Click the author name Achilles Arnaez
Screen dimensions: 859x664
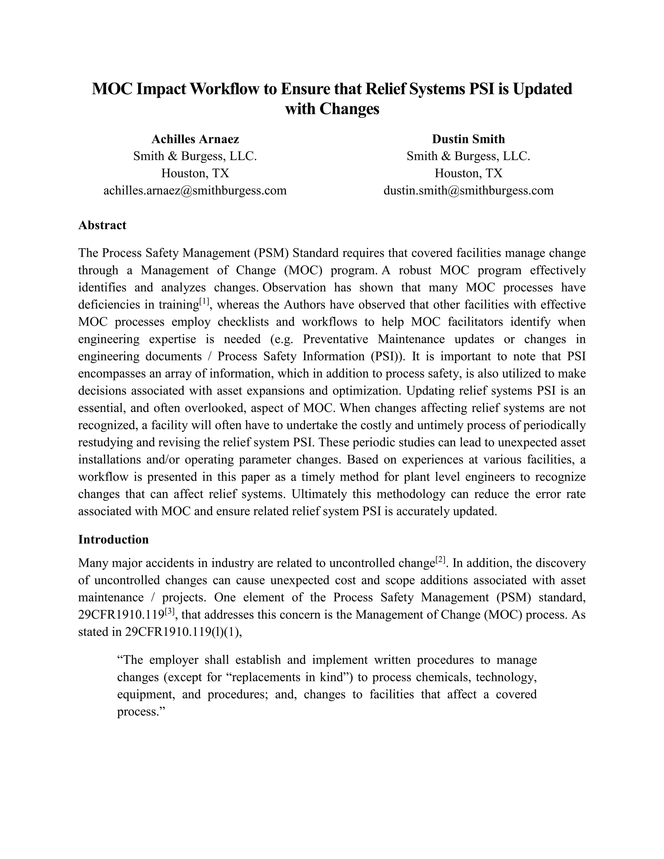pyautogui.click(x=195, y=139)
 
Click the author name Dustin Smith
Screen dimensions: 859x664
pyautogui.click(x=468, y=139)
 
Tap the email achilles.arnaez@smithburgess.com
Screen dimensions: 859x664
pyautogui.click(x=195, y=191)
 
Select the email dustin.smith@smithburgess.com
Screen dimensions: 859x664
pyautogui.click(x=468, y=191)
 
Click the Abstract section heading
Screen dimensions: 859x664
pyautogui.click(x=102, y=225)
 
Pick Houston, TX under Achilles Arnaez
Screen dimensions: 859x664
pyautogui.click(x=195, y=173)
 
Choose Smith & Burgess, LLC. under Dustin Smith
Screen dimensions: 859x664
pyautogui.click(x=468, y=156)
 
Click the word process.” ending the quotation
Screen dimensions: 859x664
pyautogui.click(x=140, y=712)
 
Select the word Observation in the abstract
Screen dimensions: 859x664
pyautogui.click(x=294, y=288)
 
